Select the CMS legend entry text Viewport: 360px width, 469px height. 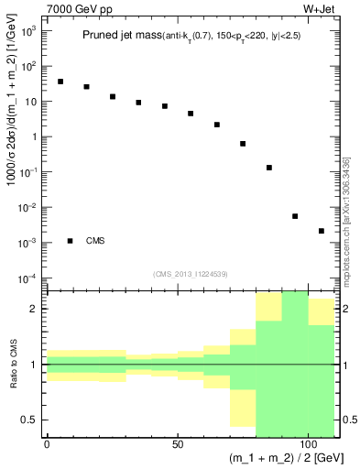click(x=95, y=241)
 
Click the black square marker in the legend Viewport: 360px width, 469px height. click(x=71, y=241)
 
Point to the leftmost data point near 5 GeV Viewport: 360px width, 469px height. click(x=60, y=82)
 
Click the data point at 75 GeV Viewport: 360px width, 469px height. click(x=243, y=144)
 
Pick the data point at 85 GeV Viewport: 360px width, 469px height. click(x=269, y=168)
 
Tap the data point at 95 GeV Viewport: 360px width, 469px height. click(x=295, y=216)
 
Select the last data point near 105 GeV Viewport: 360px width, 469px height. click(x=322, y=231)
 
